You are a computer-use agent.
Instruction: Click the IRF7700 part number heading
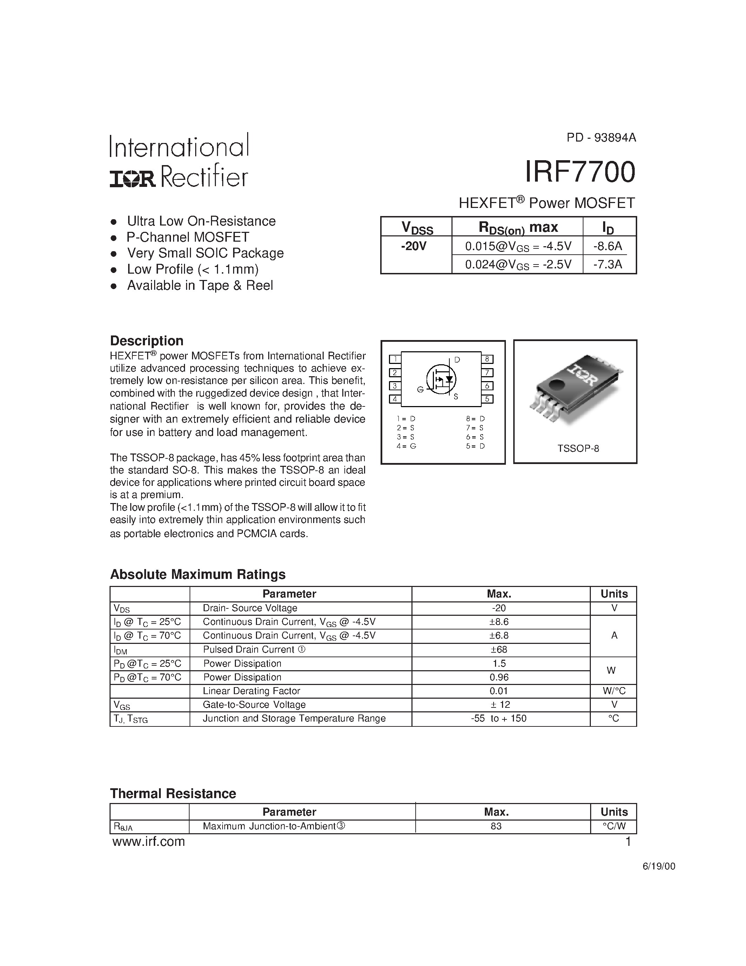point(580,172)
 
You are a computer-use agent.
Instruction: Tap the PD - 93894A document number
point(601,138)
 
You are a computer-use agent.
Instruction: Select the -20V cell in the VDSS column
point(414,246)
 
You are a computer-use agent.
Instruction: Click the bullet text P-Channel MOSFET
point(188,237)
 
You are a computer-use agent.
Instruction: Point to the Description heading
point(146,341)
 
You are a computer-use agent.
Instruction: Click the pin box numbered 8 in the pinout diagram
point(487,359)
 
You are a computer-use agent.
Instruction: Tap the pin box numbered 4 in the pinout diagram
point(395,399)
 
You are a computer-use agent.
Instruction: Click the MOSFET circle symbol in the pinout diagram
point(441,379)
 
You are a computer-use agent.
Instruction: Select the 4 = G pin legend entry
point(406,446)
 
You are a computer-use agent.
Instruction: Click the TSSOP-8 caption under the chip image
point(578,449)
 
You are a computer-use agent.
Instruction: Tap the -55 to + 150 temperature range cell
point(499,719)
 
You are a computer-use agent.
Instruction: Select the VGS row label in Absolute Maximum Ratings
point(122,705)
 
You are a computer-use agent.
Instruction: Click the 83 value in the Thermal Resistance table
point(496,826)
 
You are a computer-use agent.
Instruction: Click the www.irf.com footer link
point(148,842)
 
